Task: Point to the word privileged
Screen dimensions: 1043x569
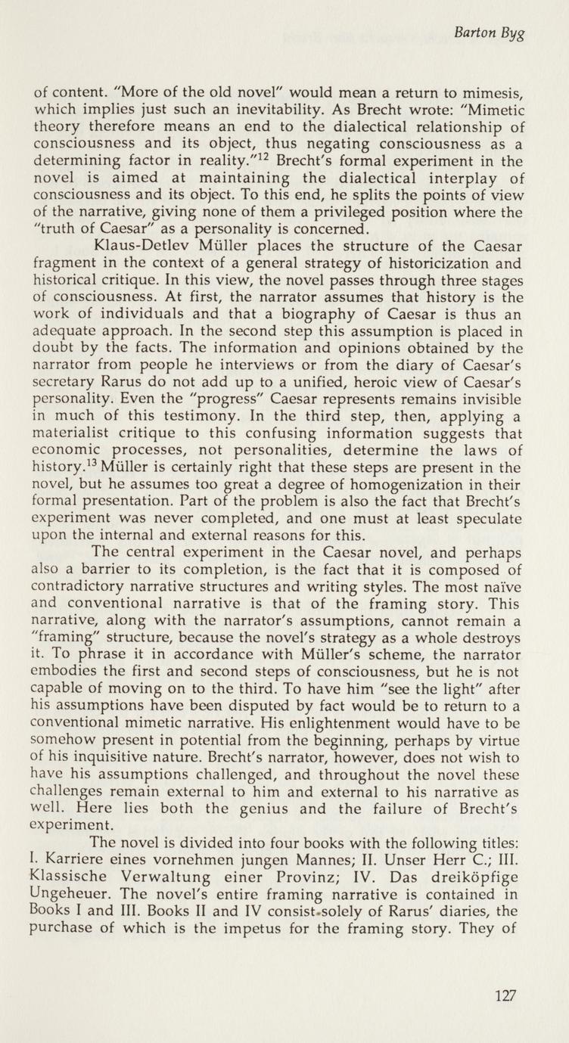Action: coord(356,234)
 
